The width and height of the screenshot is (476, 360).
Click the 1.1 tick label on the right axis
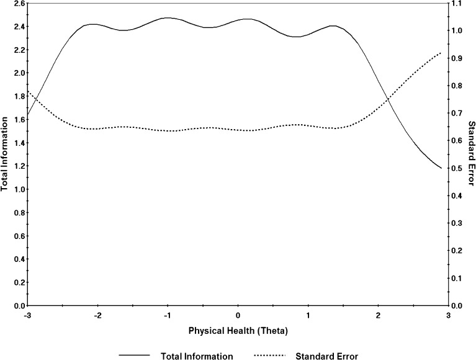pyautogui.click(x=458, y=4)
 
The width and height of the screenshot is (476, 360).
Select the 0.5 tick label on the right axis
pyautogui.click(x=458, y=168)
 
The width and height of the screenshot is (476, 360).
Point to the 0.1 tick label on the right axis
pyautogui.click(x=458, y=278)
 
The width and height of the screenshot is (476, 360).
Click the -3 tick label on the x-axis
pyautogui.click(x=27, y=315)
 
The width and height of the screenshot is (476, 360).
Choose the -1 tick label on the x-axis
pyautogui.click(x=166, y=315)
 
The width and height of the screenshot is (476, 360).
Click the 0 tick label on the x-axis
pyautogui.click(x=238, y=315)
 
